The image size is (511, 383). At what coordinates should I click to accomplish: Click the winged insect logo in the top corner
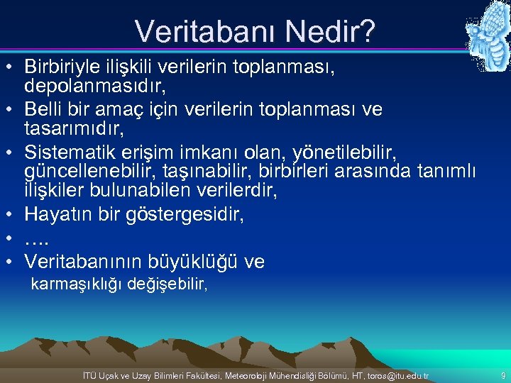pos(488,35)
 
